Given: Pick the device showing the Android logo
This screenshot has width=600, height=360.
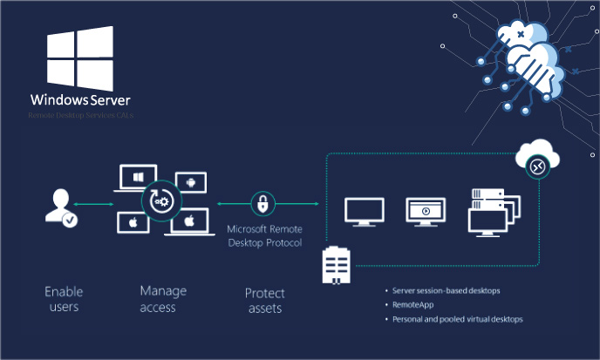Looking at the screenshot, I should (x=189, y=182).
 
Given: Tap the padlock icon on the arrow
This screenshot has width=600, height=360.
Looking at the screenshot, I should (x=263, y=205).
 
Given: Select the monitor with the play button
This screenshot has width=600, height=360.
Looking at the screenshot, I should (x=425, y=212).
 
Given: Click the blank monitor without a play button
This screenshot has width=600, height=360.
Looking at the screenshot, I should (x=363, y=212).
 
